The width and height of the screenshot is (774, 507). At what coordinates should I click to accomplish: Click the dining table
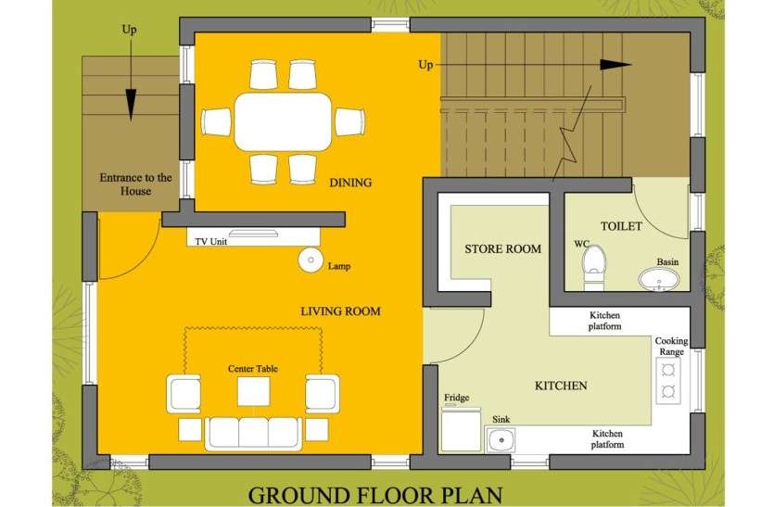coord(283,121)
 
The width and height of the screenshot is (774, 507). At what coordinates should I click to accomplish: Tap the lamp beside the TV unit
coord(311,260)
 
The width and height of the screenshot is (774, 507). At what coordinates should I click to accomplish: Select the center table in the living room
coord(254,391)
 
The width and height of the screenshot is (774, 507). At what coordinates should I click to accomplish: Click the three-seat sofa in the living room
coord(254,434)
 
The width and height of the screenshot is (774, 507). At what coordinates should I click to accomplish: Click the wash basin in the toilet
coord(659,280)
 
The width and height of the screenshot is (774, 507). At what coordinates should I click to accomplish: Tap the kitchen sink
coord(501,439)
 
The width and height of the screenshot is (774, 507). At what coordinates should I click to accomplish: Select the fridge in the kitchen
coord(461,429)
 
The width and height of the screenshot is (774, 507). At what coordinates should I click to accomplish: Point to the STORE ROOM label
coord(502,248)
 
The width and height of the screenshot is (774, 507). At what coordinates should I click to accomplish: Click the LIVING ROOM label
coord(340,311)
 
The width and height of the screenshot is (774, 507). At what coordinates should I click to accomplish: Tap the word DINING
coord(350,183)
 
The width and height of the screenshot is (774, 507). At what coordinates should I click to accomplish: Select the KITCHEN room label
coord(561,386)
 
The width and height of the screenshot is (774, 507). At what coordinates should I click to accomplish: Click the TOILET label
coord(621,226)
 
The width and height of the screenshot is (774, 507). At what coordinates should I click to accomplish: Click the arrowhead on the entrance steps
coord(131,105)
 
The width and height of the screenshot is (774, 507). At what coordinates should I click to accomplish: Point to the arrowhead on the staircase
coord(615,65)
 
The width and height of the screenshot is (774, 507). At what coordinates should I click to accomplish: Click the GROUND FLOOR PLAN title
coord(375,495)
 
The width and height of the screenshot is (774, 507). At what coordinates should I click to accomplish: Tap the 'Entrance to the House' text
coord(135,184)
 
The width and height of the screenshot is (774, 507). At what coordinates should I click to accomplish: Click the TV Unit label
coord(210,241)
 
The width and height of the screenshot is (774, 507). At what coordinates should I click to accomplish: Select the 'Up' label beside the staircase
coord(425,65)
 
